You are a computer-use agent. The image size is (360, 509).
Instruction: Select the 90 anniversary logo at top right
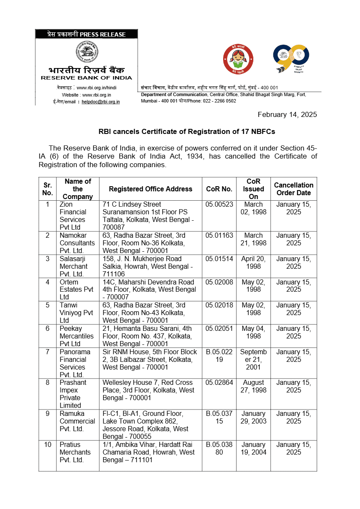(x=291, y=59)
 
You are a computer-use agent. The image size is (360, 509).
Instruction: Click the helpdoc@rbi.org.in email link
(x=101, y=102)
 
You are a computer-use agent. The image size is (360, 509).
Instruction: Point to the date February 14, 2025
(x=287, y=114)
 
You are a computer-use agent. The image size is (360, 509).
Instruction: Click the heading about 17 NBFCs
(x=187, y=131)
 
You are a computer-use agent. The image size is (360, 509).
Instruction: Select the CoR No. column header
(x=219, y=189)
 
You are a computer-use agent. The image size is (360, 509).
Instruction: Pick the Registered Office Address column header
(x=150, y=189)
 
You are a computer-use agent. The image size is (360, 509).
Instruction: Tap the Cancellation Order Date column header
(x=293, y=189)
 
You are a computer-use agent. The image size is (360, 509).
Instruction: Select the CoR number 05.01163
(x=219, y=235)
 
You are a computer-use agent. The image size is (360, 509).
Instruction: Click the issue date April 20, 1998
(x=253, y=262)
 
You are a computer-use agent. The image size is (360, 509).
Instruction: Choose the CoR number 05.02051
(x=219, y=328)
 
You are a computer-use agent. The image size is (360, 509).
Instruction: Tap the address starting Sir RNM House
(x=150, y=359)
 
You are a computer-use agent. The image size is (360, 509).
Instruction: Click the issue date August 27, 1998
(x=253, y=386)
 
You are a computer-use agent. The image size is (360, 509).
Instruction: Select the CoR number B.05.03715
(x=219, y=417)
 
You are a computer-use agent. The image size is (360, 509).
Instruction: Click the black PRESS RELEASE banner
(x=86, y=34)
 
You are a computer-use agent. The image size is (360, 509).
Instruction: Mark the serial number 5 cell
(x=48, y=305)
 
